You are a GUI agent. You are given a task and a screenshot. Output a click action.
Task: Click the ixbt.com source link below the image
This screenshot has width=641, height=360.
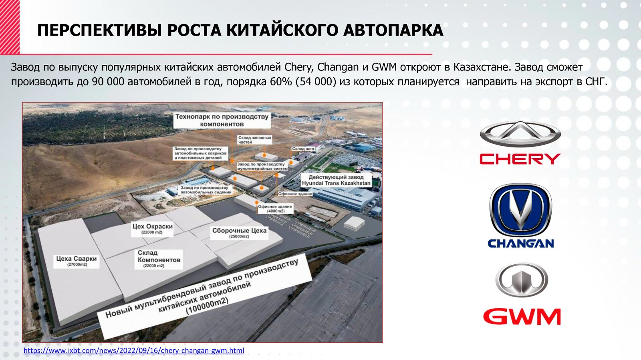point(134,350)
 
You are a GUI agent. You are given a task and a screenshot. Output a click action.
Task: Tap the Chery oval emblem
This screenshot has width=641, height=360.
point(520,134)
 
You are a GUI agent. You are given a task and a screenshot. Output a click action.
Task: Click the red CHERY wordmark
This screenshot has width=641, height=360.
point(520,159)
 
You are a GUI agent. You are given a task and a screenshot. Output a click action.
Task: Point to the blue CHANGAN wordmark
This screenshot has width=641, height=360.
point(521,243)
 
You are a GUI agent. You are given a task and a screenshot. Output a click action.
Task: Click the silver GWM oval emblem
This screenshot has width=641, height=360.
point(522,280)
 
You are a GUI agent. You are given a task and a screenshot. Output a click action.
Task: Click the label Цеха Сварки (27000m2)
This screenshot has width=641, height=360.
point(77,261)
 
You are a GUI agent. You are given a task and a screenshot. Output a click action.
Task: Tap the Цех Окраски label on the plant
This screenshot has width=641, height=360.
point(152,229)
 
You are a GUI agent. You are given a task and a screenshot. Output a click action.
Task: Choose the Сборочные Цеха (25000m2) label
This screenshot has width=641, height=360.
point(239,233)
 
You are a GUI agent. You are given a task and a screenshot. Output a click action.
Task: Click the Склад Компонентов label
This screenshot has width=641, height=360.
point(159,259)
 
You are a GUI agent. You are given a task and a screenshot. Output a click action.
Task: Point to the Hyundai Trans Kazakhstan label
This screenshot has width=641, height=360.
point(336,180)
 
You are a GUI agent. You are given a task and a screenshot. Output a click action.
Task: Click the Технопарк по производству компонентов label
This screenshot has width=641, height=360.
point(222,121)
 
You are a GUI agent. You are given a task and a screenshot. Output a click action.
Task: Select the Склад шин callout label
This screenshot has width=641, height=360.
point(303,149)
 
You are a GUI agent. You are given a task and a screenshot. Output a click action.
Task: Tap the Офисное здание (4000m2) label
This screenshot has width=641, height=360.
point(275,209)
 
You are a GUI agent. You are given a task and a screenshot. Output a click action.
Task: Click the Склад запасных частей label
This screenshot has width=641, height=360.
point(255,140)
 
